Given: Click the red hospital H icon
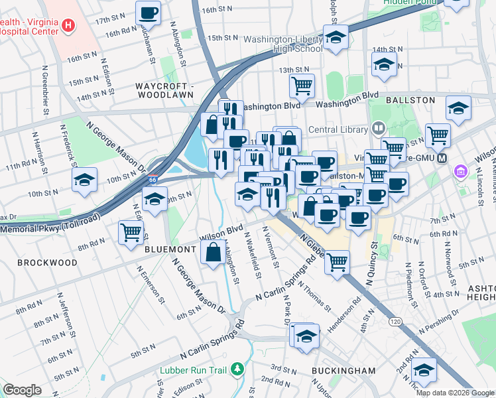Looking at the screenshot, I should pos(67,26).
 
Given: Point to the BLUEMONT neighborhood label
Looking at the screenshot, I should pos(170,249).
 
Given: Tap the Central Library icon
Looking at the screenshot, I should pos(378,127).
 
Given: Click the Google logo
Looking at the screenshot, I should pos(22,389).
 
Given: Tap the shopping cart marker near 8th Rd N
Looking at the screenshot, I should pos(131,232).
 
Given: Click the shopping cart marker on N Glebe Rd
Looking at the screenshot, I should pos(338,261).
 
